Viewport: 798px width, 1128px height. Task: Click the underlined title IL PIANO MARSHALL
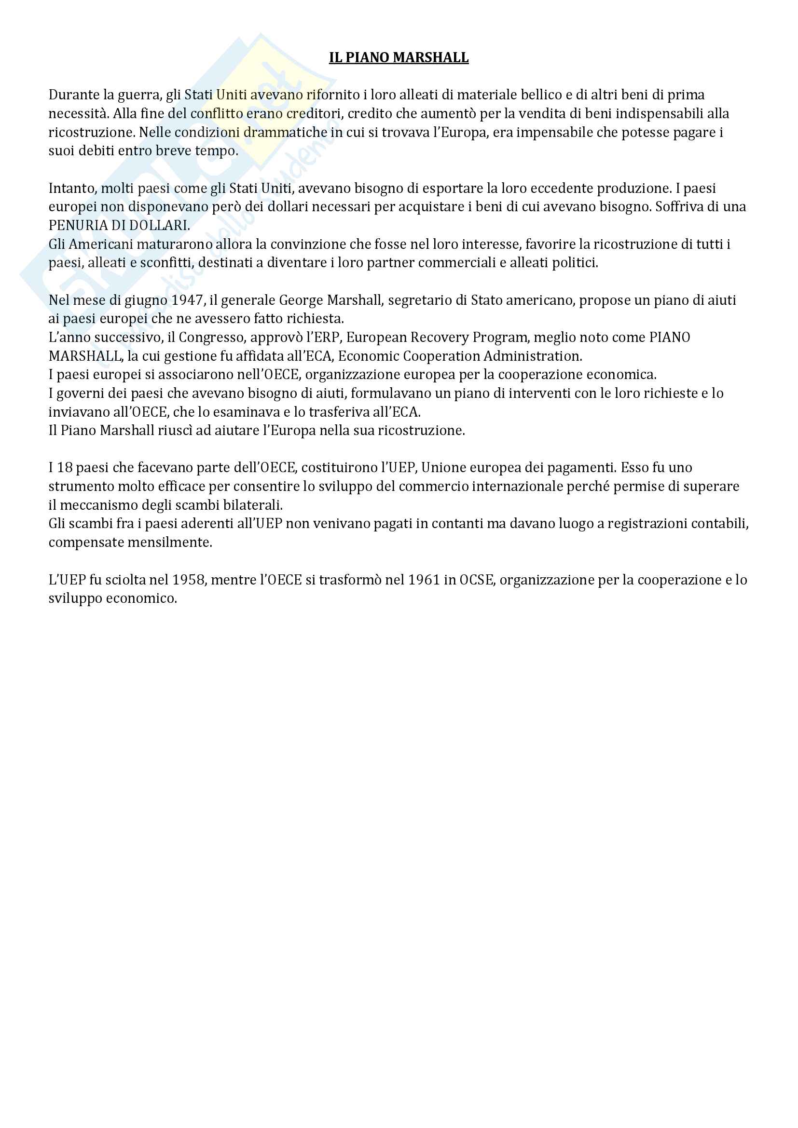click(x=399, y=58)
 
